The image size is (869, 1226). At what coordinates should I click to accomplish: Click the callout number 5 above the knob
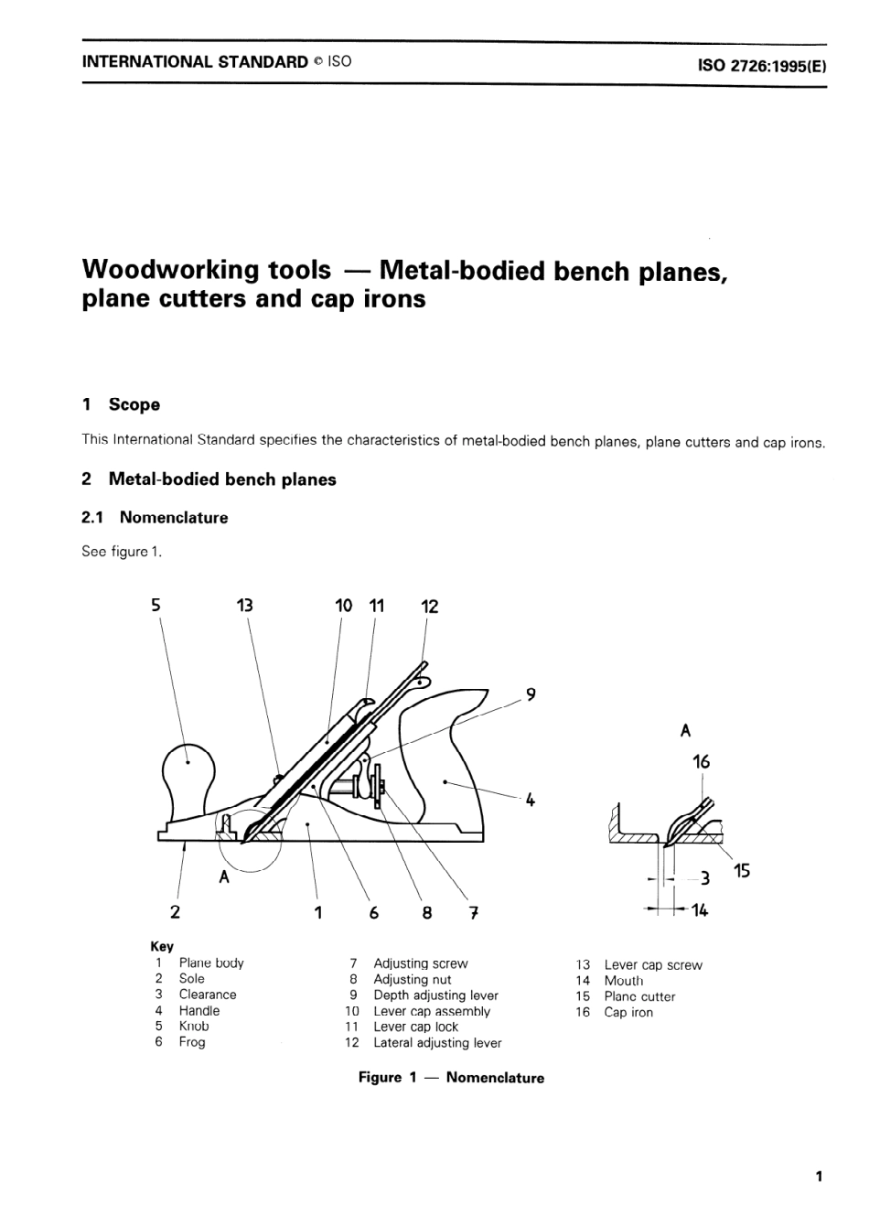pos(156,605)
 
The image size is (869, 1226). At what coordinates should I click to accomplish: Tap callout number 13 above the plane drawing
pos(244,605)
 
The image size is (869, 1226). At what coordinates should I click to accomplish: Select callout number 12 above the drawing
pos(429,607)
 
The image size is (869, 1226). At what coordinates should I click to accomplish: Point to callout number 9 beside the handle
pos(531,694)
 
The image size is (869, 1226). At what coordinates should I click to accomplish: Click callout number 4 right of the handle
pos(530,800)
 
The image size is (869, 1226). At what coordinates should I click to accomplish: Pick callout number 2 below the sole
pos(175,911)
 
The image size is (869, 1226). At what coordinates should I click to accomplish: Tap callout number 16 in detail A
pos(702,761)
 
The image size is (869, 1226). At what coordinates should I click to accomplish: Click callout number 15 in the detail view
pos(742,871)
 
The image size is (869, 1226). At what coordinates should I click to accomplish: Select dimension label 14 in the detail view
pos(700,910)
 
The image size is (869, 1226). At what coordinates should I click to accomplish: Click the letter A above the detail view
pos(686,731)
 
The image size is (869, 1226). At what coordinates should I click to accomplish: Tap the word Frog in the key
pos(192,1042)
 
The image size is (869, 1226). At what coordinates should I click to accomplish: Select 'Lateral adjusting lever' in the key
pos(437,1043)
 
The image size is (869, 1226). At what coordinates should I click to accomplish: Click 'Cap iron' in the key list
pos(628,1013)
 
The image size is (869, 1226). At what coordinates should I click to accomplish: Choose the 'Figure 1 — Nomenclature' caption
pos(451,1078)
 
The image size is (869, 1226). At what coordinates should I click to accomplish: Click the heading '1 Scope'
pos(121,404)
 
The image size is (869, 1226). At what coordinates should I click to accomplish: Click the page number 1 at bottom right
pos(819,1177)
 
